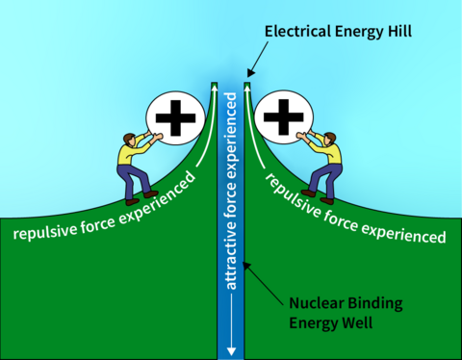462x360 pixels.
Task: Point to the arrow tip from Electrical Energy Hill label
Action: pos(249,74)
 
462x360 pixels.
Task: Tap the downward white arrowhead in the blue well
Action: pos(230,347)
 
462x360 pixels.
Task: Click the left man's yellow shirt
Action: pos(129,154)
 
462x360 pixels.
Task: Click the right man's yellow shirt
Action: pos(332,154)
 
